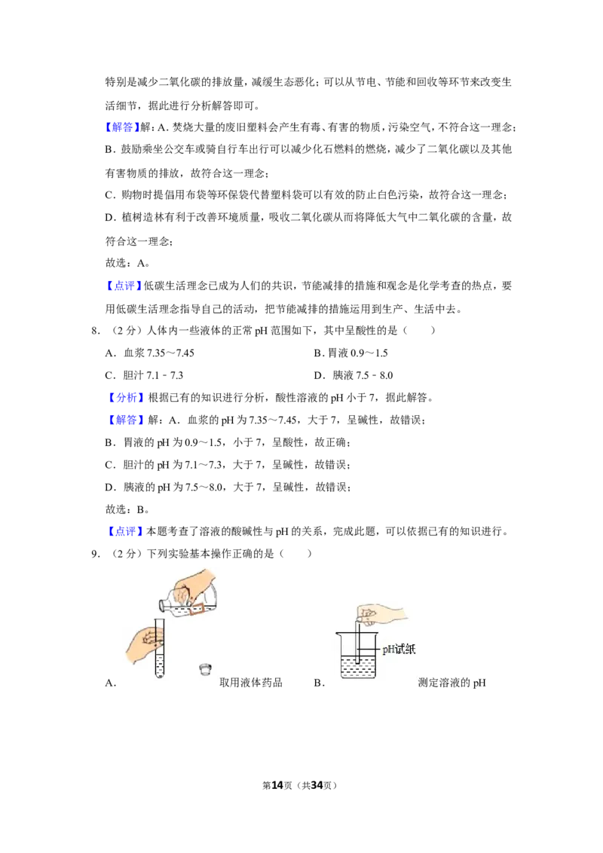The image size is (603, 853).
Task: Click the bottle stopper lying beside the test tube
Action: tap(205, 668)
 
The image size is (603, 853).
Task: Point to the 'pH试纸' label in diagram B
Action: tap(399, 649)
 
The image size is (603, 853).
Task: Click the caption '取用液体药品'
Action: tap(251, 683)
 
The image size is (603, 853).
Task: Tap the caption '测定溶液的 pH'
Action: tap(451, 683)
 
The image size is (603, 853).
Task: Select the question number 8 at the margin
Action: tap(96, 330)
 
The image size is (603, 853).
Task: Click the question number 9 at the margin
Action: tap(96, 554)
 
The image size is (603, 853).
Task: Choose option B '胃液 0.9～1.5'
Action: tap(351, 353)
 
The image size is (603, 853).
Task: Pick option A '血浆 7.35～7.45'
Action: tap(150, 353)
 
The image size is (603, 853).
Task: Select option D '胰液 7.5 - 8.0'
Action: tap(354, 375)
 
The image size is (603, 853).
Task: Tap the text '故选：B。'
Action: tap(127, 509)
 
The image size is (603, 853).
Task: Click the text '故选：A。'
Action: tap(127, 263)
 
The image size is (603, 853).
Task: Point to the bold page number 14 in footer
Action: tap(277, 785)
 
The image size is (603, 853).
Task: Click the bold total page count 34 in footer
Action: tap(317, 785)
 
